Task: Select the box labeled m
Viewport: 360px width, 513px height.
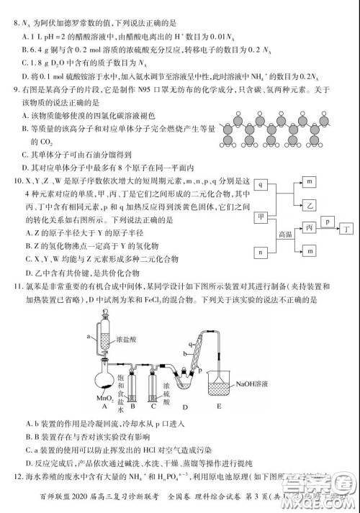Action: [310, 183]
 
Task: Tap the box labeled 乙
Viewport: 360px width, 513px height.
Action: [310, 205]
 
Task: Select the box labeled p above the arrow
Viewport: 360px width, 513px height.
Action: [328, 222]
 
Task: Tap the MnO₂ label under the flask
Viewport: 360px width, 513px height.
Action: [107, 397]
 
